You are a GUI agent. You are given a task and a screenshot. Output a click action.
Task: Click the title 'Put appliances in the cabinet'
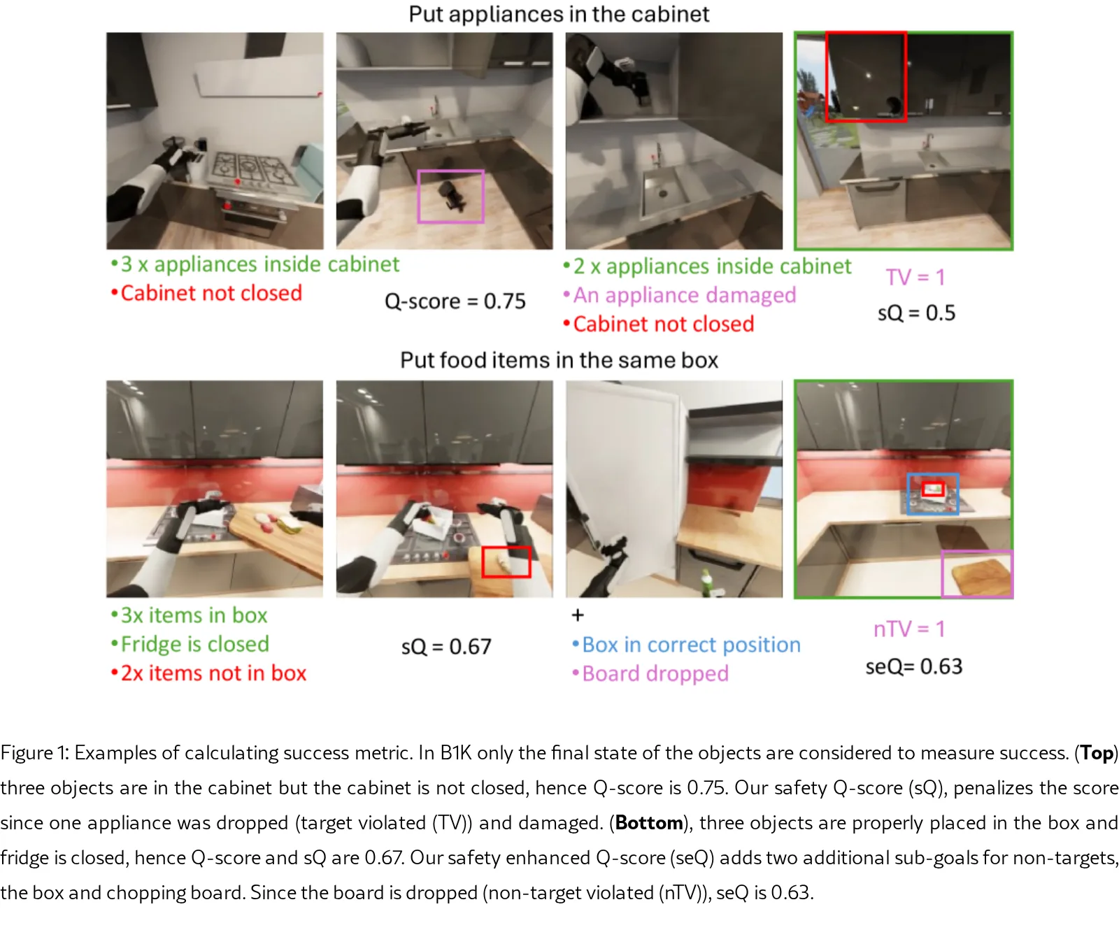[559, 14]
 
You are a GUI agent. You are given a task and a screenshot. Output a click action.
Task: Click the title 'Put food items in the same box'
[559, 360]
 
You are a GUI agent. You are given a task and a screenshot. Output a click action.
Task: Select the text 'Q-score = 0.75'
[455, 301]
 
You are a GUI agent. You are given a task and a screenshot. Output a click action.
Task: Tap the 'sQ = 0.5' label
[916, 313]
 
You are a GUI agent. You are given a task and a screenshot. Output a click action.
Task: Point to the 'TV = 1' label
[915, 277]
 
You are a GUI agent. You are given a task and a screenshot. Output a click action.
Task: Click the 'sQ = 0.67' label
[446, 647]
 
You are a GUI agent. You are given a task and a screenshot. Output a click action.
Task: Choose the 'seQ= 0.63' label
[914, 666]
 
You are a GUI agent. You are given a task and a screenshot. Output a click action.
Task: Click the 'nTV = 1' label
[909, 629]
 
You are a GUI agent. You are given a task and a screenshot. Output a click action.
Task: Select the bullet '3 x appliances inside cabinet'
[255, 264]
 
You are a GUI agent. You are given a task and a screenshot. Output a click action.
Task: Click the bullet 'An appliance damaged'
[680, 295]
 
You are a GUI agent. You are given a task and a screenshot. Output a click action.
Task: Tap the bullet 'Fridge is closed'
[190, 644]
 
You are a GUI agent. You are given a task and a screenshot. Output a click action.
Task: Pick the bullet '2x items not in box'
[208, 673]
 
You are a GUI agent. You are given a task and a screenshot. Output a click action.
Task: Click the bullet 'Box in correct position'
[686, 645]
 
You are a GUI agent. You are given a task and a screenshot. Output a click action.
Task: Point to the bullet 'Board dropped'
[650, 673]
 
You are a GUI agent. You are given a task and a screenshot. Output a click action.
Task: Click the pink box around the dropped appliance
[418, 196]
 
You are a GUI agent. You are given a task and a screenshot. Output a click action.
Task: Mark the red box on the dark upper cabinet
[827, 76]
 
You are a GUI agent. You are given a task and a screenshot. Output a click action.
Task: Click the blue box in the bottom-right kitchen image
[908, 494]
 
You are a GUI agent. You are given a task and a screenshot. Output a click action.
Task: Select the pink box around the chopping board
[942, 574]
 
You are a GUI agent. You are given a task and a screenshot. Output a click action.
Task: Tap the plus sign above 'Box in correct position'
[578, 615]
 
